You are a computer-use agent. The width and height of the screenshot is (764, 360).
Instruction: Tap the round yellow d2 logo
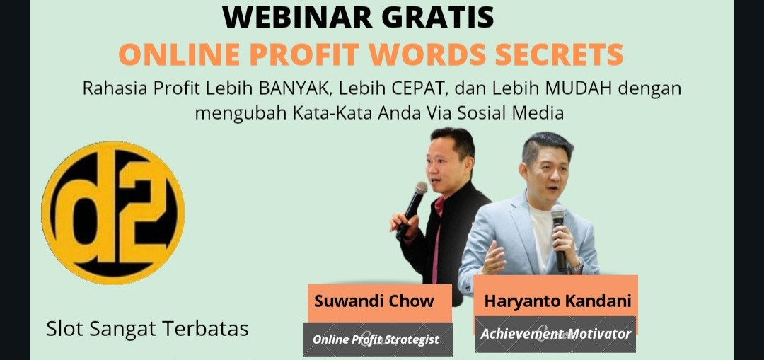point(113,212)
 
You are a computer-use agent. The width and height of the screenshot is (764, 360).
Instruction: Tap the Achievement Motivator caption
point(555,334)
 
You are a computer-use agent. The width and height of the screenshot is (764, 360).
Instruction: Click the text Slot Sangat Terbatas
point(148,329)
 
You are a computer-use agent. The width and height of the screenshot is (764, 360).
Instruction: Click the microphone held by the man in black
point(412,209)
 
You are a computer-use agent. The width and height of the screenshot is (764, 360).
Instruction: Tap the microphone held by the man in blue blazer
point(559,237)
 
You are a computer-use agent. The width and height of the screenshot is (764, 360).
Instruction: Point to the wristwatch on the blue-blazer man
point(577,266)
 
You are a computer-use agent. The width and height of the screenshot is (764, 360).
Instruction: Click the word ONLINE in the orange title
point(179,54)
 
